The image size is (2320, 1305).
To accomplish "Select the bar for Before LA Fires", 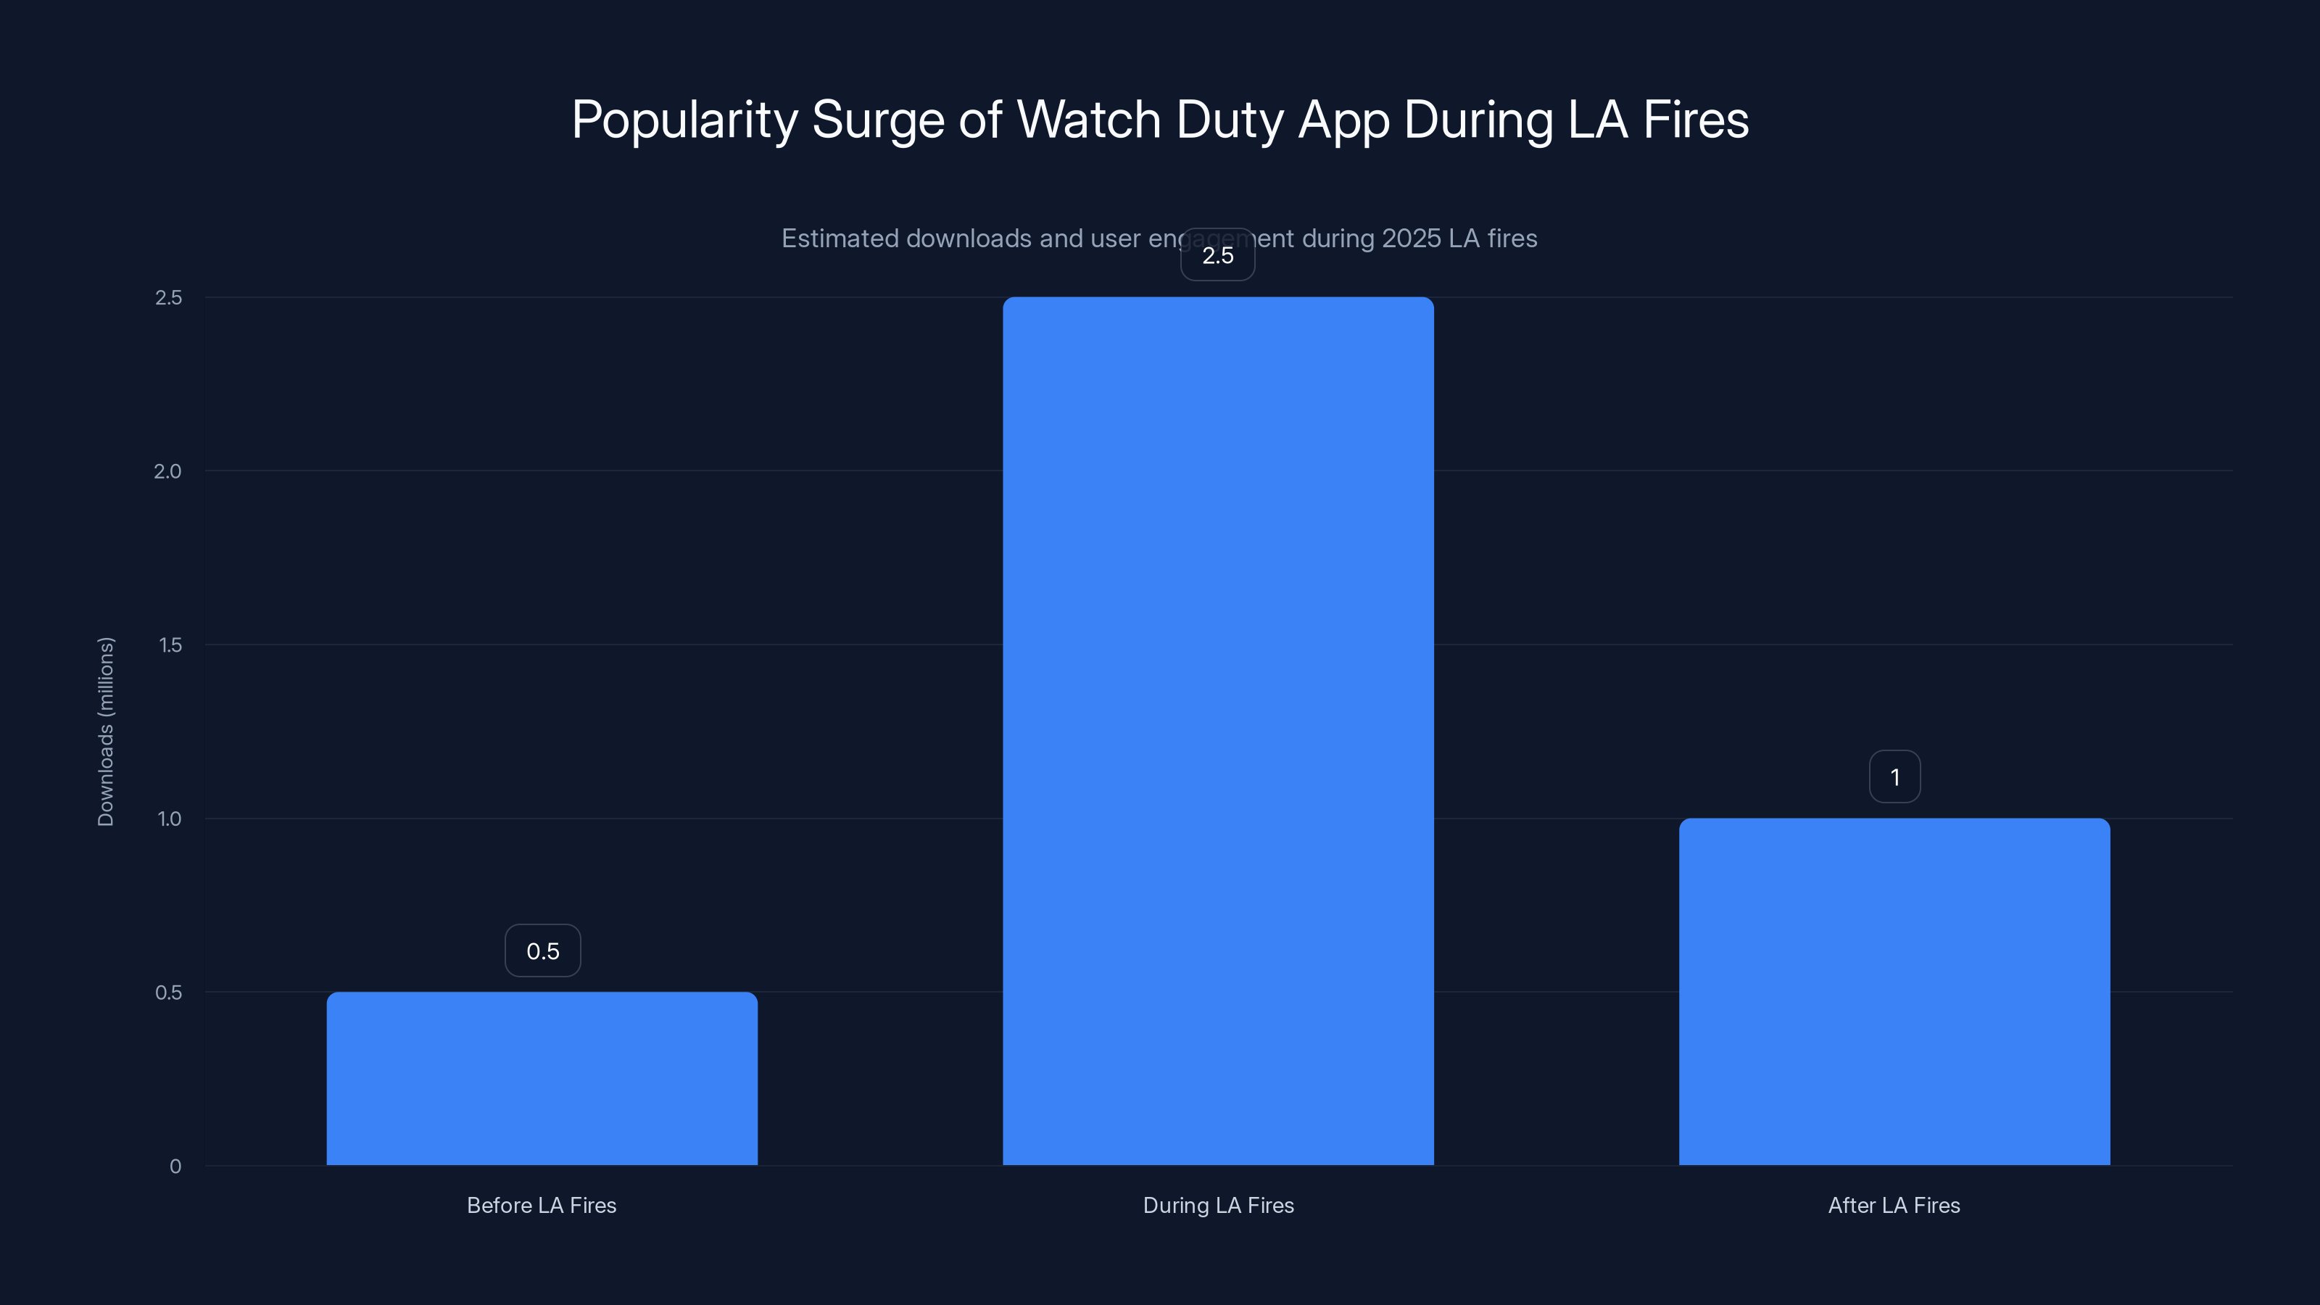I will [x=542, y=1078].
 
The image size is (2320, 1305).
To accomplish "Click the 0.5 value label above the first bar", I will [x=542, y=951].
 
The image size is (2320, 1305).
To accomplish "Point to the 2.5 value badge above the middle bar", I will [x=1218, y=256].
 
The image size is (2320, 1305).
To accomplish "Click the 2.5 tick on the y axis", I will [x=168, y=298].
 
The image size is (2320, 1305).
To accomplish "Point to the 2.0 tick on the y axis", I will [x=167, y=472].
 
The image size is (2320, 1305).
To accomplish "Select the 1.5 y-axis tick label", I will [x=170, y=645].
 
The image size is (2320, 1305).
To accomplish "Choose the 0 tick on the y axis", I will [x=175, y=1167].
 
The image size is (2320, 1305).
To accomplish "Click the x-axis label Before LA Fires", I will [x=542, y=1205].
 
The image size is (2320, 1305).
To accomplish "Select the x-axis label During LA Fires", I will [x=1218, y=1205].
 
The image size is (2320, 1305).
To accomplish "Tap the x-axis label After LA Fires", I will [x=1894, y=1205].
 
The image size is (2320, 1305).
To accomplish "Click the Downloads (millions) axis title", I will [x=105, y=732].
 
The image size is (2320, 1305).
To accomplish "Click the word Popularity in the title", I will [x=684, y=120].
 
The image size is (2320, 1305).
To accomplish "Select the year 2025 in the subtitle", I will [x=1412, y=239].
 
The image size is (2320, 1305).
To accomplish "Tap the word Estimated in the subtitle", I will [x=840, y=239].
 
